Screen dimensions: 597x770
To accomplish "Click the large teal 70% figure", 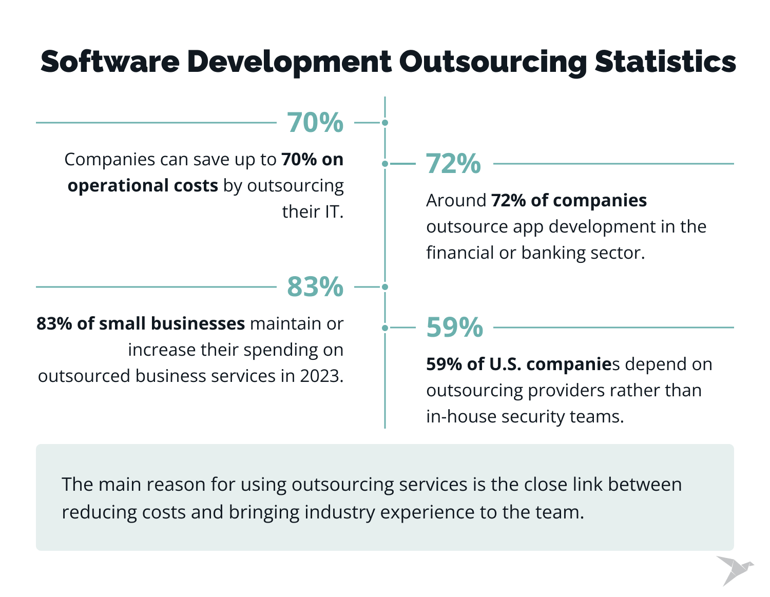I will (x=315, y=123).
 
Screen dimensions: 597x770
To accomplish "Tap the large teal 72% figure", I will (x=454, y=164).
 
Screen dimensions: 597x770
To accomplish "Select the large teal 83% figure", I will (x=315, y=287).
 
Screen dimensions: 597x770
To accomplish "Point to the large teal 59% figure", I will (x=455, y=328).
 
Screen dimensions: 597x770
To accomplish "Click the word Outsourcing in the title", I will (x=492, y=62).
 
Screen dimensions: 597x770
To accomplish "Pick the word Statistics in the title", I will (x=665, y=62).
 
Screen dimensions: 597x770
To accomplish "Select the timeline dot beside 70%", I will (x=385, y=123).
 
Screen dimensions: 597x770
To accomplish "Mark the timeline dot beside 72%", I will (x=385, y=164).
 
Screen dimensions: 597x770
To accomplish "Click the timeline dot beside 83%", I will (x=385, y=287).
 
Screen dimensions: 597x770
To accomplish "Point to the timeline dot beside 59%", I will (x=385, y=328).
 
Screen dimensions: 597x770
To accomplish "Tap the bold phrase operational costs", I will (x=143, y=186).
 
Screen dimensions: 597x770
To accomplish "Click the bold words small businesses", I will (x=171, y=324).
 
